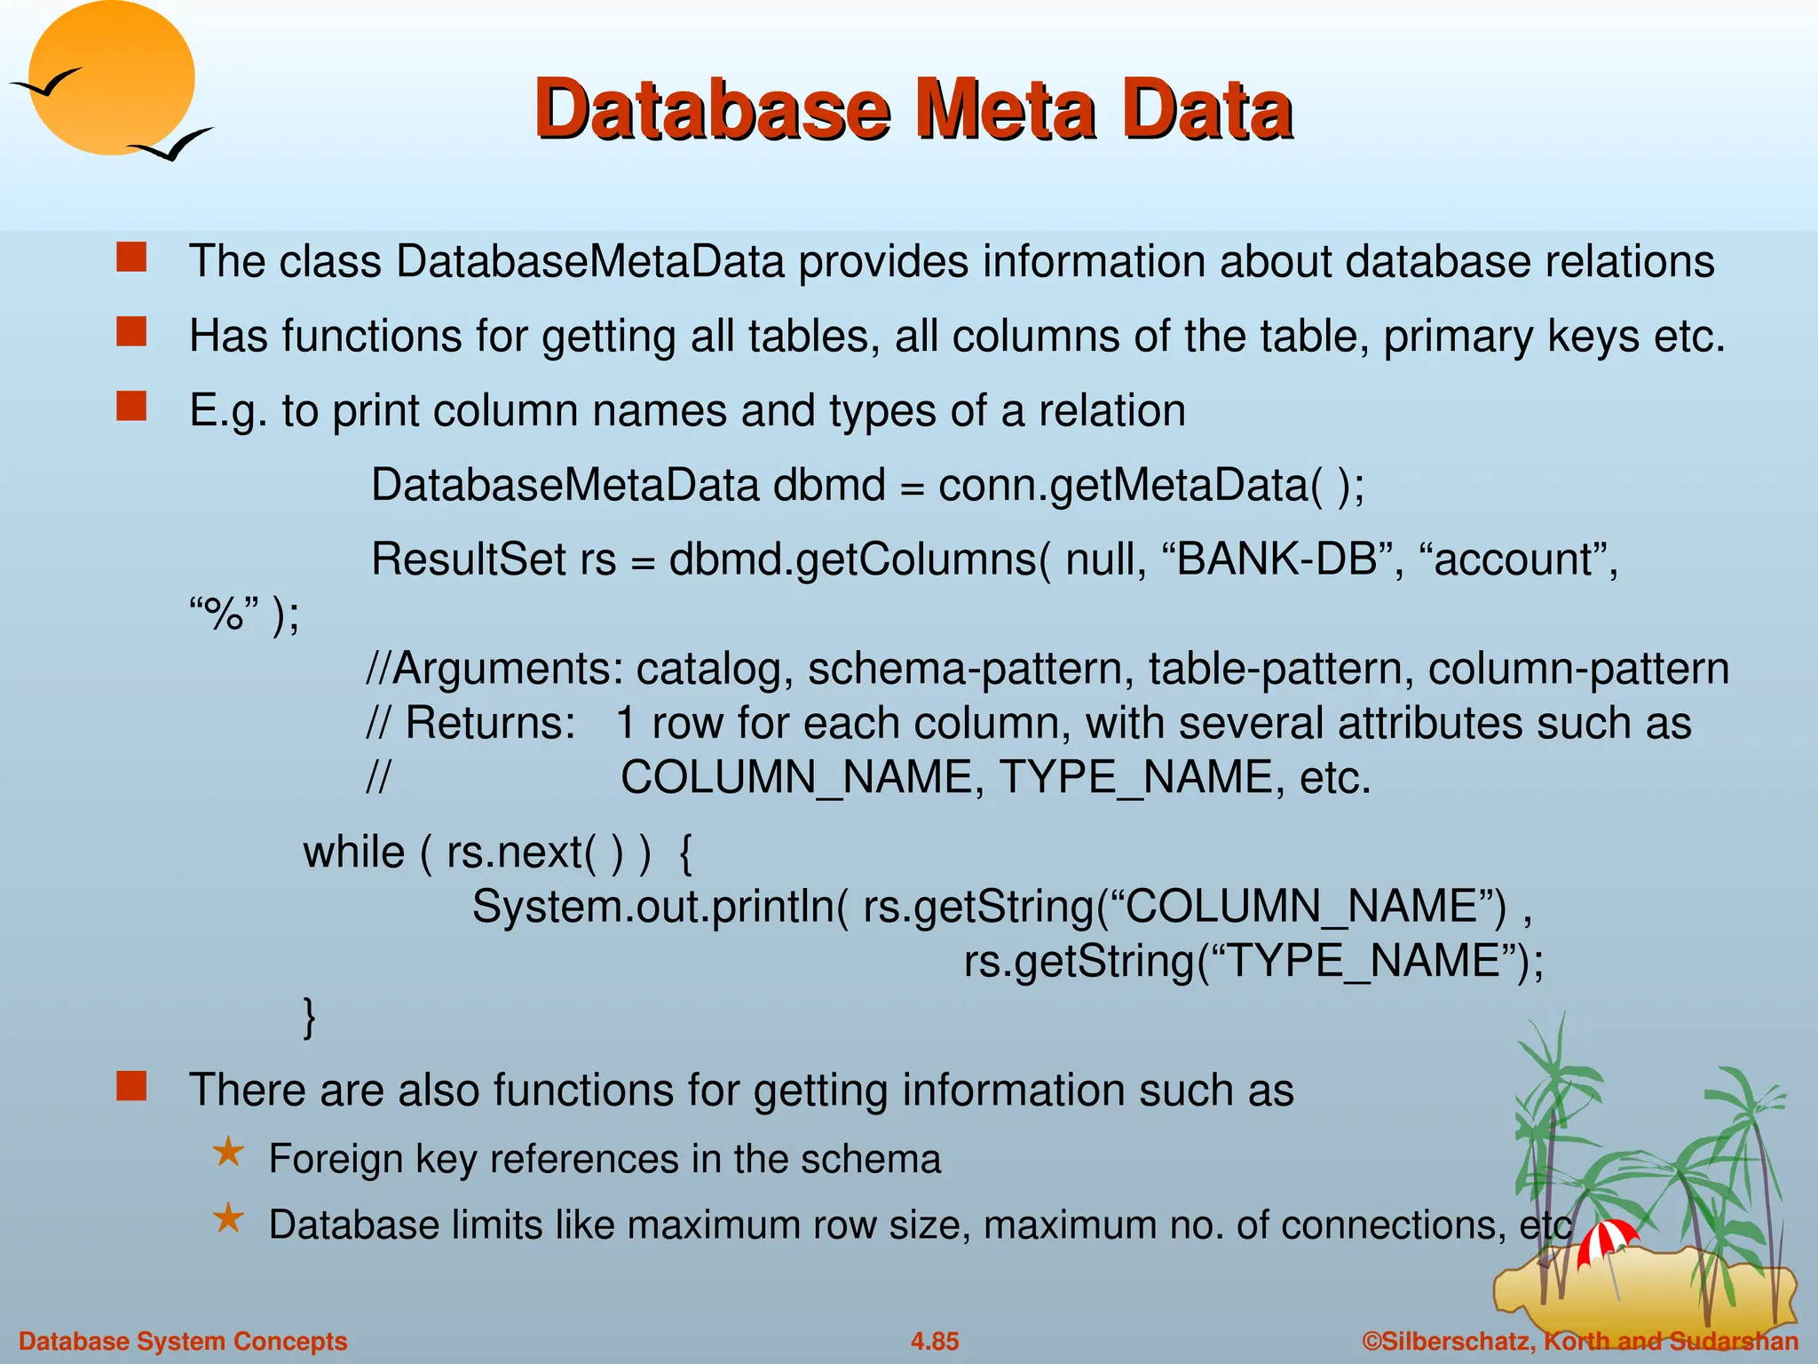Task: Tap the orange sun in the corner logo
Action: tap(111, 75)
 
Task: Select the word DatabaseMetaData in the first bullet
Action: tap(590, 262)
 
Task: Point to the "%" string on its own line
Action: tap(224, 614)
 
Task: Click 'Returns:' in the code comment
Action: tap(491, 723)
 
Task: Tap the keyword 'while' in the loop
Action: tap(353, 852)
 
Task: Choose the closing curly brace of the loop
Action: tap(309, 1016)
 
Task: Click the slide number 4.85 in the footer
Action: tap(935, 1341)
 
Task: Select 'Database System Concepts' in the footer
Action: tap(183, 1341)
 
